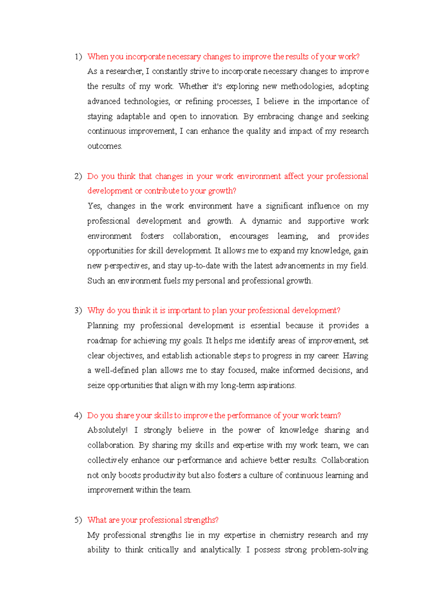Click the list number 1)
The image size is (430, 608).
click(x=78, y=57)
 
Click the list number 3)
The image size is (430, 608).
click(x=78, y=310)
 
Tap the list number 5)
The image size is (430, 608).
click(x=78, y=520)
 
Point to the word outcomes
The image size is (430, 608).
click(x=105, y=146)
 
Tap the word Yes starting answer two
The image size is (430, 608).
click(x=95, y=206)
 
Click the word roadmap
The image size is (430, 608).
click(x=102, y=341)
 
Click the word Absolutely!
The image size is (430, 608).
click(x=107, y=430)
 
